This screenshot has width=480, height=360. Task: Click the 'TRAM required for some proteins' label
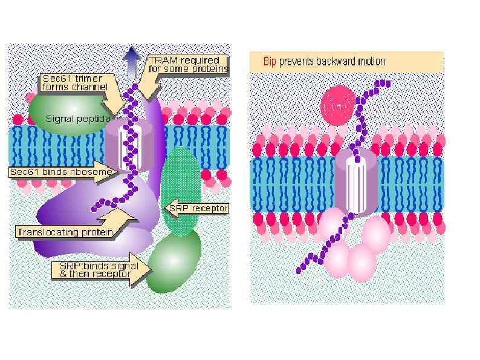(188, 65)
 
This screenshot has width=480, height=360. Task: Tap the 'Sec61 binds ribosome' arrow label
(60, 172)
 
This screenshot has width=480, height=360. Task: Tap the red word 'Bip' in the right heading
(270, 62)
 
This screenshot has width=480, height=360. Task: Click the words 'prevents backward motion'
(332, 62)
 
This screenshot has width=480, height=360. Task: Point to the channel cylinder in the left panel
(128, 145)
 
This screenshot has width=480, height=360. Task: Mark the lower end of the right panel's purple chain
(300, 270)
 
